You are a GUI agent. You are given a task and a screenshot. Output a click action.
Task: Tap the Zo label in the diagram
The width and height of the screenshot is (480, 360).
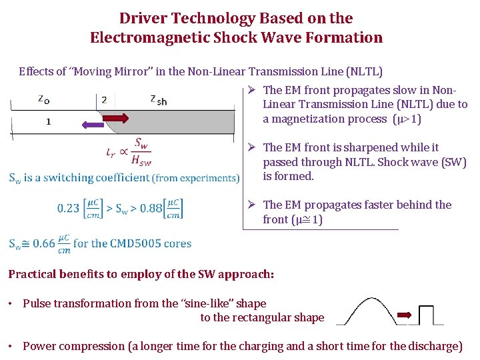42,99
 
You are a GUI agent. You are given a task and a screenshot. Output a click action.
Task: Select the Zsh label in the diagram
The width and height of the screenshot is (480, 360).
158,99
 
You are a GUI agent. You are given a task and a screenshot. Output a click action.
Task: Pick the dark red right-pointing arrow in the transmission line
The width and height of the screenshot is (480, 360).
119,119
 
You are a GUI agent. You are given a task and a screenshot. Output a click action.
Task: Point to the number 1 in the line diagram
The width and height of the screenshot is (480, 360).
49,121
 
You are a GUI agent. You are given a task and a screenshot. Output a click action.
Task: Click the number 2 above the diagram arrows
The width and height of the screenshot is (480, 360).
104,100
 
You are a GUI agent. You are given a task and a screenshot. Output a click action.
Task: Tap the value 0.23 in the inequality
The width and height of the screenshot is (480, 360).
69,208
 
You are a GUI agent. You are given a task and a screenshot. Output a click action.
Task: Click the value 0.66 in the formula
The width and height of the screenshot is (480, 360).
45,243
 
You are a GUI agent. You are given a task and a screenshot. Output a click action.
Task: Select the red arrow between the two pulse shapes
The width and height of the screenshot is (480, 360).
404,315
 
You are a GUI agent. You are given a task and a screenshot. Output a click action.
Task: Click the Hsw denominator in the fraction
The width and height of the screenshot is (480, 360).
141,159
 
